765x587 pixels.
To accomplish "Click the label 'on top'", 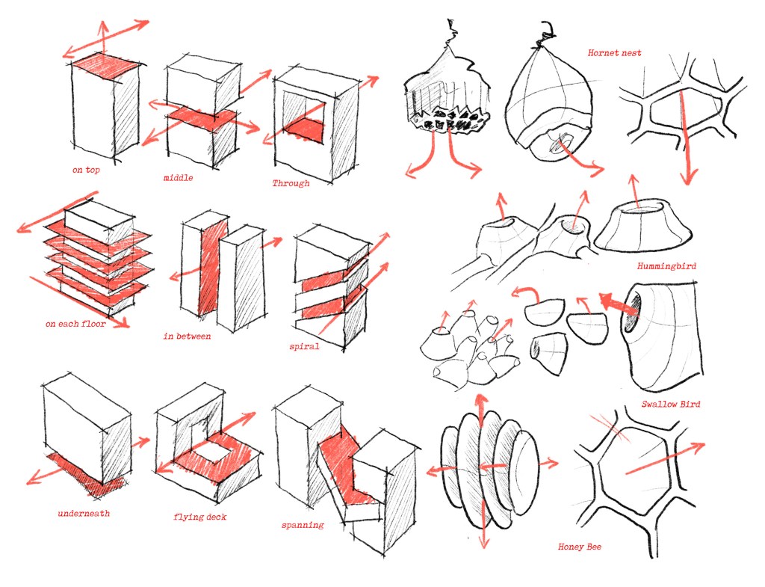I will coord(86,170).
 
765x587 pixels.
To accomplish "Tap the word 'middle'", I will coord(179,178).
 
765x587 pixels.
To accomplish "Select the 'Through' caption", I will coord(291,183).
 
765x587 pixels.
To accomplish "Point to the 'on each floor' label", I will coord(75,325).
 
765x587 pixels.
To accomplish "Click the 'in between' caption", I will coord(187,336).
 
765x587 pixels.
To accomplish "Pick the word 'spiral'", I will coord(304,346).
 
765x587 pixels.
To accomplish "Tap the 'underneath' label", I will coord(84,514).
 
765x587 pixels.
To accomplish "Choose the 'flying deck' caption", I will coord(199,517).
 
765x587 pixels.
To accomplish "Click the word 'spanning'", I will coord(303,525).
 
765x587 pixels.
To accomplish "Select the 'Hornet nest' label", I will coord(614,53).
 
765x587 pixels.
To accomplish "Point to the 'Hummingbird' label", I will coord(663,266).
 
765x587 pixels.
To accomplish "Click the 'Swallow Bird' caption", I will coord(670,405).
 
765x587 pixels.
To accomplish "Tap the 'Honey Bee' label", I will coord(580,547).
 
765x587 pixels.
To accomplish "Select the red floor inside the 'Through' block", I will coord(306,129).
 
